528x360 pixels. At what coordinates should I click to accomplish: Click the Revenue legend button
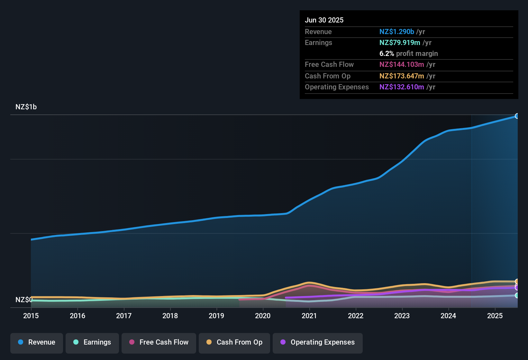pos(37,342)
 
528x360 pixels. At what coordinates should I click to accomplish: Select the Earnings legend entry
pos(92,342)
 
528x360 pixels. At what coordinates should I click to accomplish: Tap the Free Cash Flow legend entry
pos(159,342)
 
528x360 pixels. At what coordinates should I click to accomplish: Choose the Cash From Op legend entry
pos(234,342)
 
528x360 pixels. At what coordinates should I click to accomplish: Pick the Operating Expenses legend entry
pos(318,342)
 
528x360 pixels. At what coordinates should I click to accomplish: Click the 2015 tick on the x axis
pos(31,316)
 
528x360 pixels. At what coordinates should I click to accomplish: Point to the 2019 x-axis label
pos(216,316)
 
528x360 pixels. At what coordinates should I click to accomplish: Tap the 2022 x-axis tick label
pos(356,316)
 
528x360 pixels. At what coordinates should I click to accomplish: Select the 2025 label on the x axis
pos(495,316)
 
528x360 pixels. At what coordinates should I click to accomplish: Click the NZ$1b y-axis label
pos(26,107)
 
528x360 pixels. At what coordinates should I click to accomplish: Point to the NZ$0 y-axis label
pos(24,300)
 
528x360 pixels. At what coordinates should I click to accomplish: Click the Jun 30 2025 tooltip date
pos(324,20)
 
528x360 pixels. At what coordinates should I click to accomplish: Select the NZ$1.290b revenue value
pos(396,32)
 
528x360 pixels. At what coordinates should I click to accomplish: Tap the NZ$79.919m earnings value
pos(400,43)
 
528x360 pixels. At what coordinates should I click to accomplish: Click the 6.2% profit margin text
pos(408,54)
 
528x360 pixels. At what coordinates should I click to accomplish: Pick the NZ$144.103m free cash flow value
pos(402,65)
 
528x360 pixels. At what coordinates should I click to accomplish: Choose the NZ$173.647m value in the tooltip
pos(402,76)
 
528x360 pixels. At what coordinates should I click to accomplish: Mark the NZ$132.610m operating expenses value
pos(402,87)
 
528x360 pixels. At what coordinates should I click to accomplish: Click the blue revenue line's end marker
pos(517,116)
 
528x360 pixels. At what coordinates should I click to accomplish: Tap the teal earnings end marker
pos(517,295)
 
